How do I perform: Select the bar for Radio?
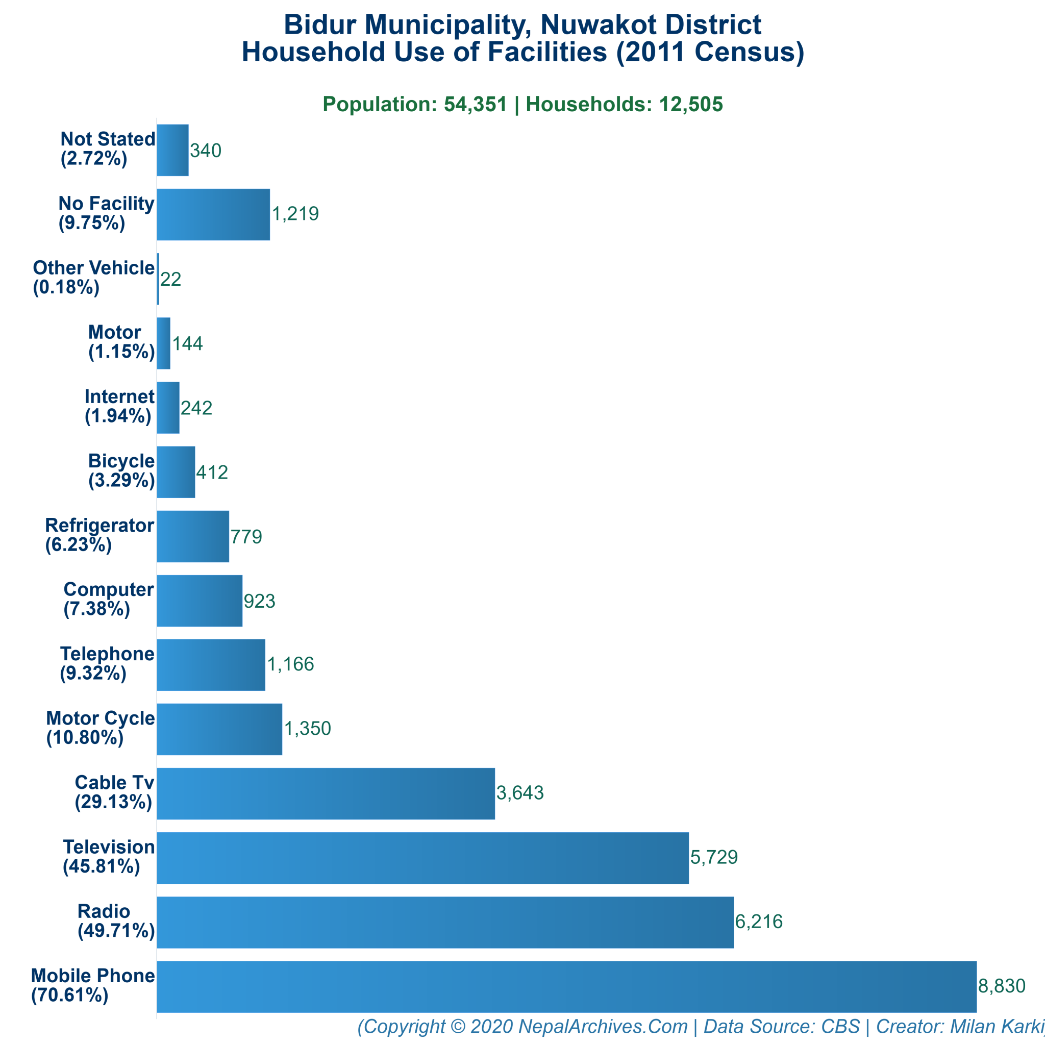tap(445, 922)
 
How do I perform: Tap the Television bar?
tap(422, 858)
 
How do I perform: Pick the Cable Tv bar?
tap(326, 793)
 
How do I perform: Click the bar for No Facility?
tap(213, 214)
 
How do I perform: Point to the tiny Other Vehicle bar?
tap(158, 279)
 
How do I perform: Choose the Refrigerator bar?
tap(192, 536)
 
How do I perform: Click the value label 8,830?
tap(1001, 986)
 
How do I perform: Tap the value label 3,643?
tap(520, 793)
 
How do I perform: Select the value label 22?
tap(170, 279)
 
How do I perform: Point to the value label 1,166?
tap(290, 664)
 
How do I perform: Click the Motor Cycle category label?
tap(101, 718)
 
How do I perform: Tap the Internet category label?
tap(119, 396)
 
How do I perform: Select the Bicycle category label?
tap(121, 461)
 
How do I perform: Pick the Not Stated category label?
tap(108, 139)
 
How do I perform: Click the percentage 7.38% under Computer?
tap(97, 609)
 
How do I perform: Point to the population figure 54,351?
tap(476, 105)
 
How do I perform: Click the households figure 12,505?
tap(690, 105)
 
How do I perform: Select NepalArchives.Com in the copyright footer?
tap(603, 1026)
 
